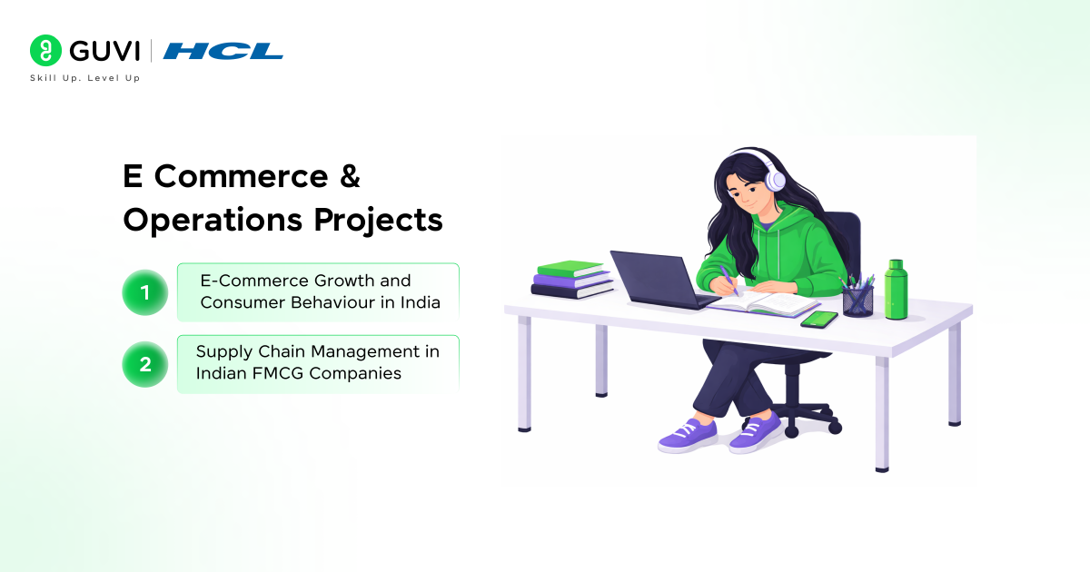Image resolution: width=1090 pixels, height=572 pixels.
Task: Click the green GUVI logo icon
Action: point(45,50)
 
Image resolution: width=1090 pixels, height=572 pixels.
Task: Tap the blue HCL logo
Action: point(223,51)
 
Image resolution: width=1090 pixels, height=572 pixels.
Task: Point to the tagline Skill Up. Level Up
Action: point(85,78)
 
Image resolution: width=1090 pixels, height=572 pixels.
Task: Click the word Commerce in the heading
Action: point(243,177)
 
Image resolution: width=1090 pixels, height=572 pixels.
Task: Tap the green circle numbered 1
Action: point(144,292)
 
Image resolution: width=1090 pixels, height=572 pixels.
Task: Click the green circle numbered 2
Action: point(144,364)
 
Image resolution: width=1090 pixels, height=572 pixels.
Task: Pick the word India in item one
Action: point(421,303)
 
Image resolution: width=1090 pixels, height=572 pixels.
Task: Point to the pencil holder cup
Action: point(857,299)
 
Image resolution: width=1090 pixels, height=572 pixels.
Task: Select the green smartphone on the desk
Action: point(819,319)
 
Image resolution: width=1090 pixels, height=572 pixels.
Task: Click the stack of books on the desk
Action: point(572,279)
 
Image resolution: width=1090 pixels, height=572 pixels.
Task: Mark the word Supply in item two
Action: point(221,351)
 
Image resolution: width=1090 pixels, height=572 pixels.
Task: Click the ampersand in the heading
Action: point(350,177)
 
